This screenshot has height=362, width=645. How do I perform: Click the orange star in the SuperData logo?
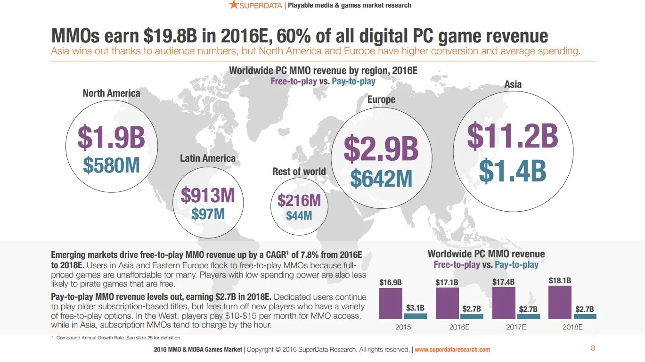click(x=234, y=5)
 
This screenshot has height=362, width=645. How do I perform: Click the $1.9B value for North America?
click(x=111, y=138)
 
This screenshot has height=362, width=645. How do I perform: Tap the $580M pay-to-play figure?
click(x=112, y=165)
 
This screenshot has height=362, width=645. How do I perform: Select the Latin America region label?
click(x=208, y=158)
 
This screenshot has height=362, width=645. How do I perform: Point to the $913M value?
click(x=208, y=195)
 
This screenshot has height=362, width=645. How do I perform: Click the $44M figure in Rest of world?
click(x=299, y=216)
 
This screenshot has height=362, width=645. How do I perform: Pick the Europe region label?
click(x=381, y=99)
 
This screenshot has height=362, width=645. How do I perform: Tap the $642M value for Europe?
click(x=381, y=179)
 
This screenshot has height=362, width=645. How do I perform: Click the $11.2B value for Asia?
click(x=513, y=136)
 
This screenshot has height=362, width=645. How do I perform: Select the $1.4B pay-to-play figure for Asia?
click(x=513, y=171)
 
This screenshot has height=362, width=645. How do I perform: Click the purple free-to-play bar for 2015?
click(x=391, y=304)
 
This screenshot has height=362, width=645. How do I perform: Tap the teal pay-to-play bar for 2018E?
click(x=585, y=316)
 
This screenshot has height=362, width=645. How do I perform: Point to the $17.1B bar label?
click(x=447, y=282)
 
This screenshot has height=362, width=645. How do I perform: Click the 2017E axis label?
click(x=516, y=327)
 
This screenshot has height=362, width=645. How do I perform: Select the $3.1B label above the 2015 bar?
click(x=415, y=308)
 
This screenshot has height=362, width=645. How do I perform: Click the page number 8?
click(x=593, y=348)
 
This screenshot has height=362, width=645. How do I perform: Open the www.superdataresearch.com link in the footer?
click(x=452, y=350)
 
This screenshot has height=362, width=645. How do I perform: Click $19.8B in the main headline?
click(x=168, y=36)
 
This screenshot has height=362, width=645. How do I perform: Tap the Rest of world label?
click(x=299, y=172)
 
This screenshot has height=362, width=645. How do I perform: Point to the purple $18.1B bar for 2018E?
click(x=560, y=302)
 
